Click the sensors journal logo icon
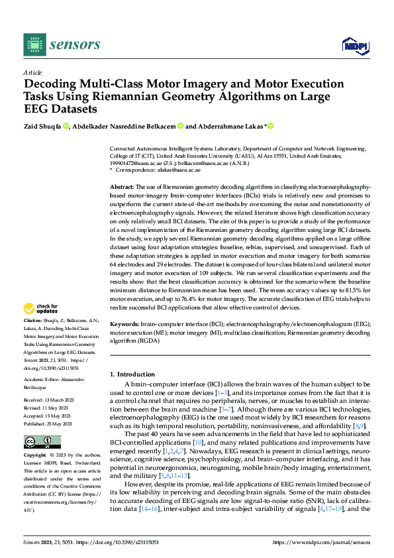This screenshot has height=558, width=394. pos(31,44)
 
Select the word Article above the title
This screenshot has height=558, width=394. pos(32,72)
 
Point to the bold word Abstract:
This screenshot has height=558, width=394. pos(123,188)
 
